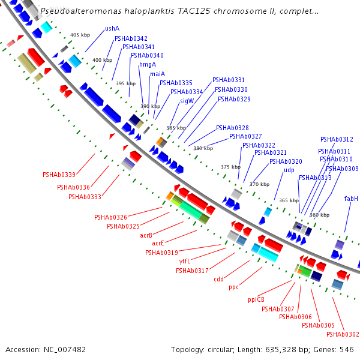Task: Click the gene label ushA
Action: (112, 28)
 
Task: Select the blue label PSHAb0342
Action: (131, 38)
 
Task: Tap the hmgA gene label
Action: (147, 64)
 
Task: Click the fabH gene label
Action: (351, 199)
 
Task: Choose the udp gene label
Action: (289, 170)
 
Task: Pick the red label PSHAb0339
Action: (59, 175)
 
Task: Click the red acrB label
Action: (146, 235)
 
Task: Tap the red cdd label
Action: (218, 279)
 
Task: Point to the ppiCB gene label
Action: (256, 299)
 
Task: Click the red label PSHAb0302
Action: (343, 334)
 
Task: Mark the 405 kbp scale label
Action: (80, 35)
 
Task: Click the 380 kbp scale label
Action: (203, 148)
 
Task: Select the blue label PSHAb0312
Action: (337, 139)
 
